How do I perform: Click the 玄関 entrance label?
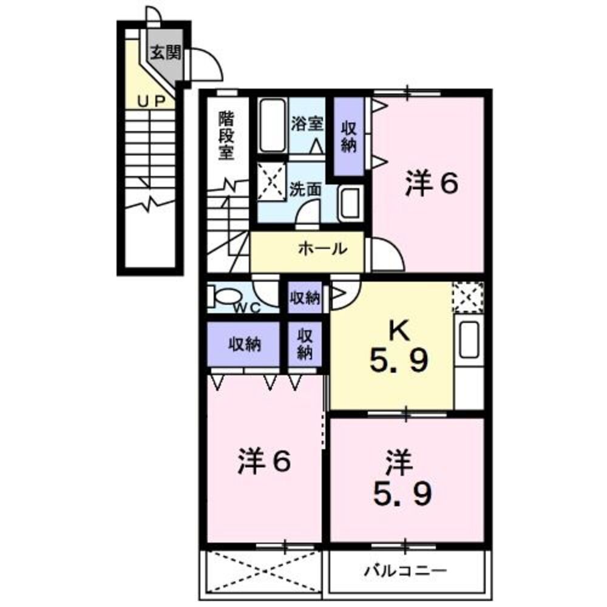click(x=165, y=53)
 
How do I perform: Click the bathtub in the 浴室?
click(x=273, y=126)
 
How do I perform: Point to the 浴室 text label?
click(x=307, y=124)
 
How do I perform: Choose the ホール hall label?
click(x=322, y=248)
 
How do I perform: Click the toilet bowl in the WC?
click(x=226, y=297)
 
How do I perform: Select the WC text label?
click(x=248, y=308)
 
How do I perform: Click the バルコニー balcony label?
click(x=406, y=571)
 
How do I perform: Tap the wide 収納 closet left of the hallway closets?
click(x=244, y=344)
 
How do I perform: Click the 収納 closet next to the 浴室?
click(x=348, y=137)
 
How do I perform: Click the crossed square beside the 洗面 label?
click(x=271, y=180)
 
